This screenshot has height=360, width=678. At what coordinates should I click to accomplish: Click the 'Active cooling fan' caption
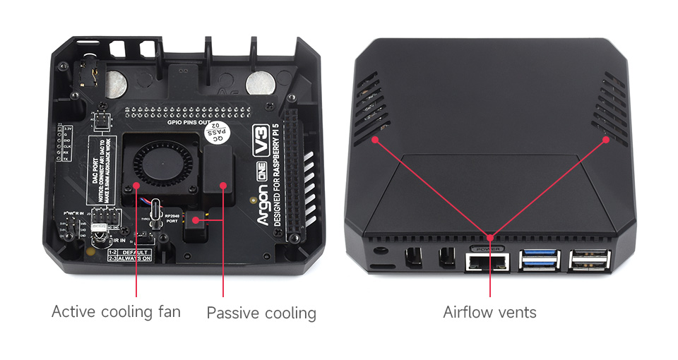coord(116,311)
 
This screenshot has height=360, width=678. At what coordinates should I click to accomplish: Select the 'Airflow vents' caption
coord(489,312)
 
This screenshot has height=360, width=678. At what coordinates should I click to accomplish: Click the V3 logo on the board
coord(262,142)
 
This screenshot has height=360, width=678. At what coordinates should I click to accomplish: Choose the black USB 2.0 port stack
coord(588,260)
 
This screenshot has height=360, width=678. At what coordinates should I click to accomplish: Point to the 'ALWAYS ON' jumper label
coord(136,258)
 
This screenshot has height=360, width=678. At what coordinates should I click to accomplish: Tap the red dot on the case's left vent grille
coord(376,140)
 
